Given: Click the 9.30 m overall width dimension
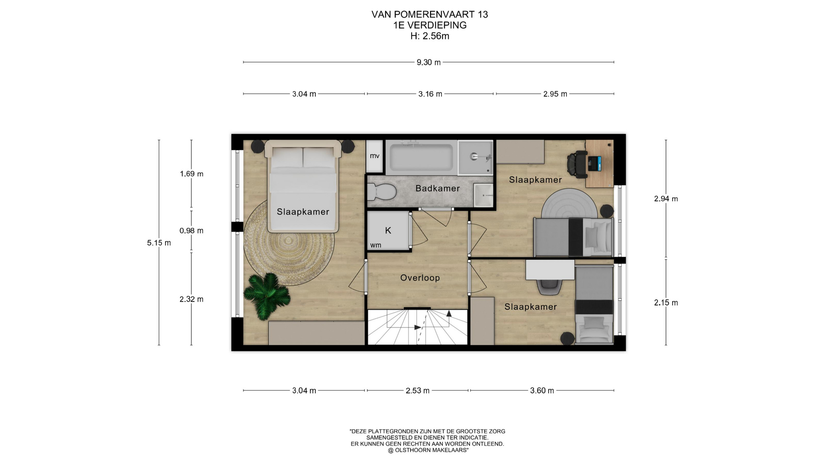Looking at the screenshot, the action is tap(428, 62).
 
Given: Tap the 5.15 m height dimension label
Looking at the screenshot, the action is tap(159, 243).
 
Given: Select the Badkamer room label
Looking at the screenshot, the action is tap(437, 188).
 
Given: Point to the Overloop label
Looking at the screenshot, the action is tap(420, 278).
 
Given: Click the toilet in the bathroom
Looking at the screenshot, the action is tap(382, 192).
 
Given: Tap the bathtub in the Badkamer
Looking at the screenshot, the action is tap(421, 157).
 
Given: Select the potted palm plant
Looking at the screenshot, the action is tap(267, 296).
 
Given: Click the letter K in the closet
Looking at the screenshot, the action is tap(388, 231).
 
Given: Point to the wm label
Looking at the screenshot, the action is tap(376, 245).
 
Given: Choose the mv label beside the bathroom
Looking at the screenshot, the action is tap(375, 156).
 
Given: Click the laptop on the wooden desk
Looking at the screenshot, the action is tap(594, 163).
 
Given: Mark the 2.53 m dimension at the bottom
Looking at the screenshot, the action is tap(418, 391).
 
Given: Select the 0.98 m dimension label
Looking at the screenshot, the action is tap(192, 231).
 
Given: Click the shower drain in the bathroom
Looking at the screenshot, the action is tap(474, 156).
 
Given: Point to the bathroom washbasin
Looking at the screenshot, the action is tap(483, 195).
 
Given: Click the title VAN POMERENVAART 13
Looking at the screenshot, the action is tap(430, 15).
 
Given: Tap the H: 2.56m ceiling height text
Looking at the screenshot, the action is tap(430, 36).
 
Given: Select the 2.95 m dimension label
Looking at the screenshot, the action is tap(555, 94).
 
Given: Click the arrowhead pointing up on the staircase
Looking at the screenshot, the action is tap(449, 313).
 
